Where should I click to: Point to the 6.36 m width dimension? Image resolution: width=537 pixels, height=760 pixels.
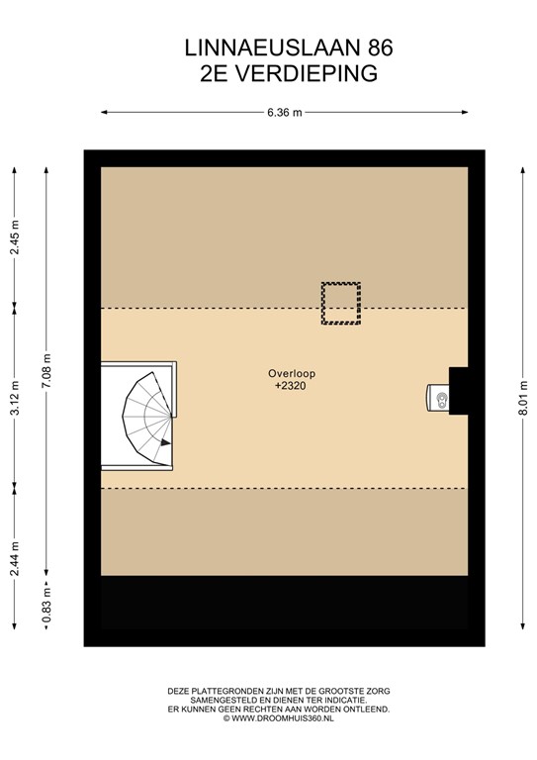[x=284, y=112]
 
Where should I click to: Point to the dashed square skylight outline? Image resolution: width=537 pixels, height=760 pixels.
[x=340, y=304]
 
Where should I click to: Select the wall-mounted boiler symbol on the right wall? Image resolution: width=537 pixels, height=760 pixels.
[x=439, y=398]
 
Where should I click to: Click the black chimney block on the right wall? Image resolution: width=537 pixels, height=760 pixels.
[x=458, y=389]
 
